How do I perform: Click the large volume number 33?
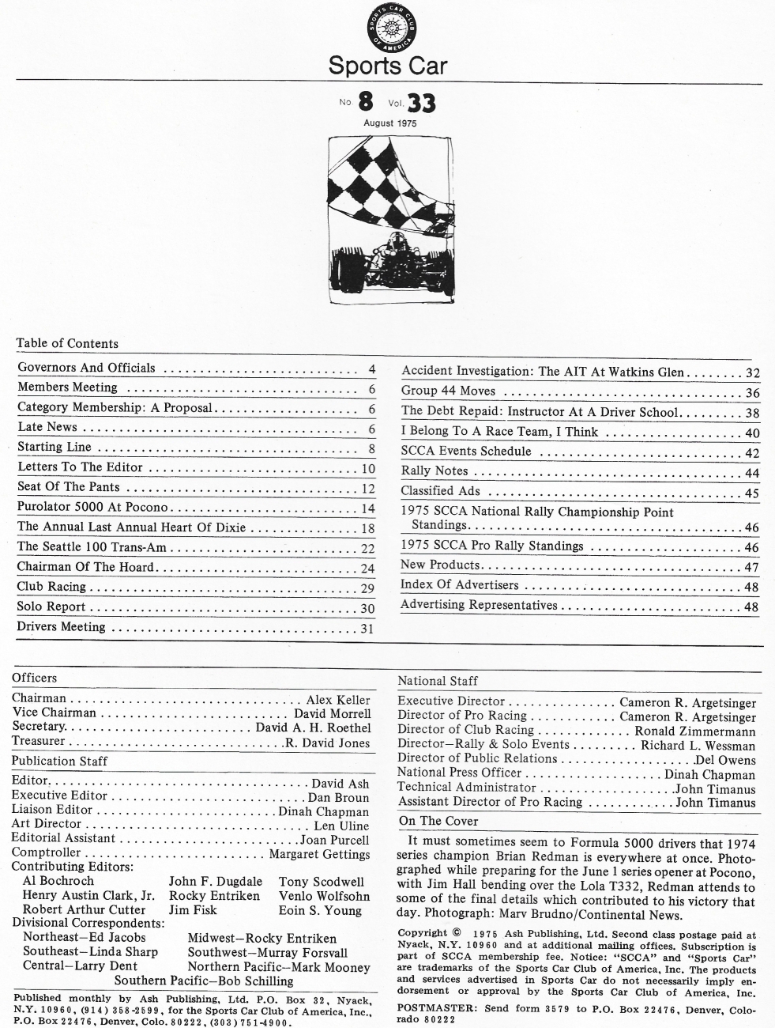point(420,104)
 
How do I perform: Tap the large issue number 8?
point(365,101)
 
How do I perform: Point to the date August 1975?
point(389,123)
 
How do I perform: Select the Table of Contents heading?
point(67,343)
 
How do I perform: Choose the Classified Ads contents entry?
point(440,491)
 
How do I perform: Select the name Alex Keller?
point(338,700)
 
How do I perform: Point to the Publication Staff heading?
point(59,761)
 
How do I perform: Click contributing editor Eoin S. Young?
point(319,910)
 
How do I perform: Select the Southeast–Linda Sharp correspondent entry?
point(90,951)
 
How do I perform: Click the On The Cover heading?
point(438,821)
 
